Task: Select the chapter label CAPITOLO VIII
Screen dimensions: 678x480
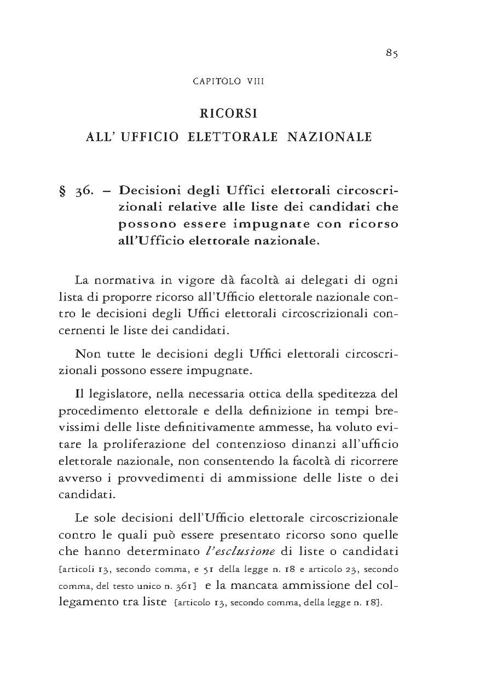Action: pos(229,82)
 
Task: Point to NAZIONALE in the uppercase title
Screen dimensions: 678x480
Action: pos(330,137)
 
